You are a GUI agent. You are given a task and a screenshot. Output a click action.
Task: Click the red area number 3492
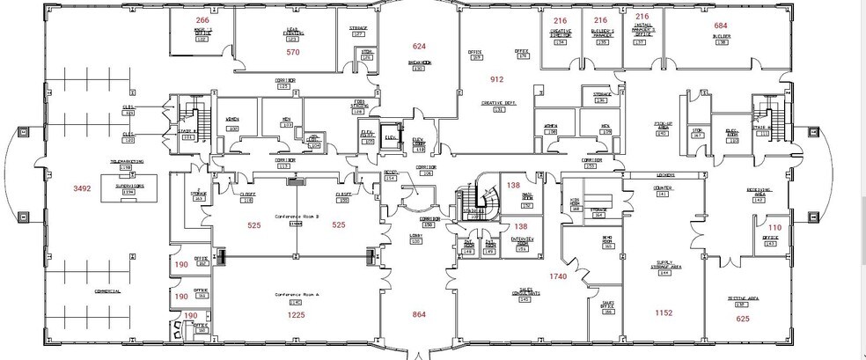(82, 187)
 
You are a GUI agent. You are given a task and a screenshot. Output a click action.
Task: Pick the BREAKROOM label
(418, 62)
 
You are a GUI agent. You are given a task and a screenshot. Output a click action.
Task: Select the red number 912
(496, 79)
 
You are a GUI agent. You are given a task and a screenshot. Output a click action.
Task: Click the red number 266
(202, 19)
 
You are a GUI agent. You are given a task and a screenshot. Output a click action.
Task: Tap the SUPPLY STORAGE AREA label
(664, 267)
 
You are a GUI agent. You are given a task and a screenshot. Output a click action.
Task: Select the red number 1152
(664, 313)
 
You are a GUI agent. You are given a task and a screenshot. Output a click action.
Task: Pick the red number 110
(774, 226)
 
